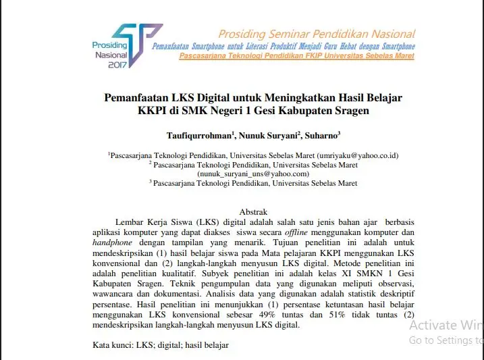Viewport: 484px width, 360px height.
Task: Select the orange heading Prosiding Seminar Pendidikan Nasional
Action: coord(317,34)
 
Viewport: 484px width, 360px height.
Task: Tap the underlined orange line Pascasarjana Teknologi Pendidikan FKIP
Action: coord(296,56)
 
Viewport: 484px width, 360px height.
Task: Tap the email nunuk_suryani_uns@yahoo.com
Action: coord(253,174)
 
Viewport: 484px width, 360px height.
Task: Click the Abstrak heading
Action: coord(253,211)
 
